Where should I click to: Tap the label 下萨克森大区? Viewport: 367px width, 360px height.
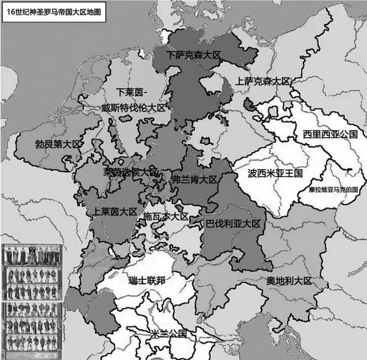click(193, 55)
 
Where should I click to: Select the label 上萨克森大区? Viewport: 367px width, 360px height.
click(262, 81)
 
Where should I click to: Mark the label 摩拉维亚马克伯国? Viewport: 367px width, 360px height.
click(333, 190)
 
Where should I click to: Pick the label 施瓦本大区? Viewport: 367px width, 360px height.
click(166, 217)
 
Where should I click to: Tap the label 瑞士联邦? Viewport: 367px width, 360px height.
click(150, 280)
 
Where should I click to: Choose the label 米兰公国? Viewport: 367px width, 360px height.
click(171, 334)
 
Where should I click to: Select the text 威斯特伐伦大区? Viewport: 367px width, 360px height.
click(134, 108)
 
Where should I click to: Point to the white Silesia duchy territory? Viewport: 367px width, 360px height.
click(318, 119)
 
